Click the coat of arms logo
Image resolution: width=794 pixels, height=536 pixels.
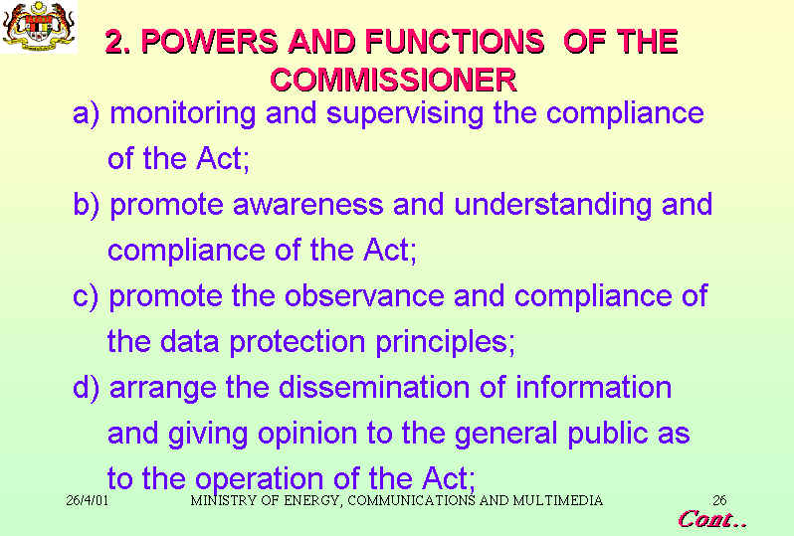click(39, 26)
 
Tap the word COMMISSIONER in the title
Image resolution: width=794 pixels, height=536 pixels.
click(393, 80)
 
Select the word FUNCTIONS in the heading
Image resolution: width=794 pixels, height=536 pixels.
click(455, 41)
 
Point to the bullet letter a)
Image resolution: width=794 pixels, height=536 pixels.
click(86, 113)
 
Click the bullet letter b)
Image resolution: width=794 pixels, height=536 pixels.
click(87, 205)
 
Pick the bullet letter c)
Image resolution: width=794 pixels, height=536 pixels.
click(86, 296)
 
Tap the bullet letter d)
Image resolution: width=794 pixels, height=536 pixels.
click(86, 388)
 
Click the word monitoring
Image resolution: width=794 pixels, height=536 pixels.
click(183, 114)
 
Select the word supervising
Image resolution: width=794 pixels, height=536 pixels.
click(405, 114)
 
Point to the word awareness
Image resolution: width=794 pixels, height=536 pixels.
click(307, 205)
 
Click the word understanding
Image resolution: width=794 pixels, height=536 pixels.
click(552, 206)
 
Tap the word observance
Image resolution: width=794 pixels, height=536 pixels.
click(364, 296)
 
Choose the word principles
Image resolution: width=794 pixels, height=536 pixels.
click(445, 343)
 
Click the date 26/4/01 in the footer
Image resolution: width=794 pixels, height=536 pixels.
click(88, 500)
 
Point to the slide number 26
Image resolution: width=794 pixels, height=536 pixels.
click(719, 500)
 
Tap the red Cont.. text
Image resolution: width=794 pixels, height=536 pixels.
click(712, 519)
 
